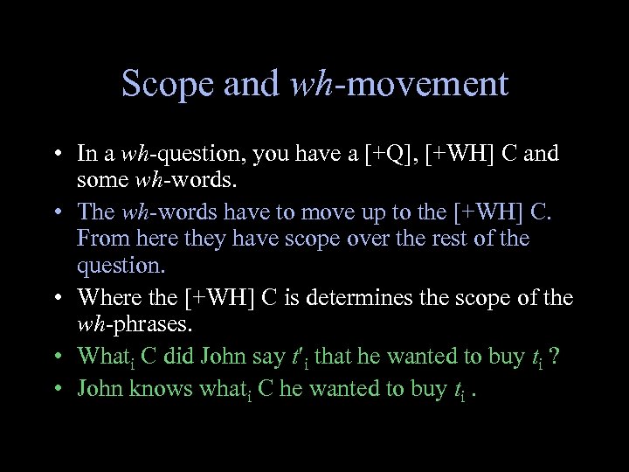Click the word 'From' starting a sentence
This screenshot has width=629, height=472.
click(100, 238)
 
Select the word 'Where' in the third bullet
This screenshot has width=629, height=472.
click(106, 297)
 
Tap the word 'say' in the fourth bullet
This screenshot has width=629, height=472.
click(271, 357)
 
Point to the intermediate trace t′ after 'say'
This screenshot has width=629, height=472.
click(301, 357)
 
